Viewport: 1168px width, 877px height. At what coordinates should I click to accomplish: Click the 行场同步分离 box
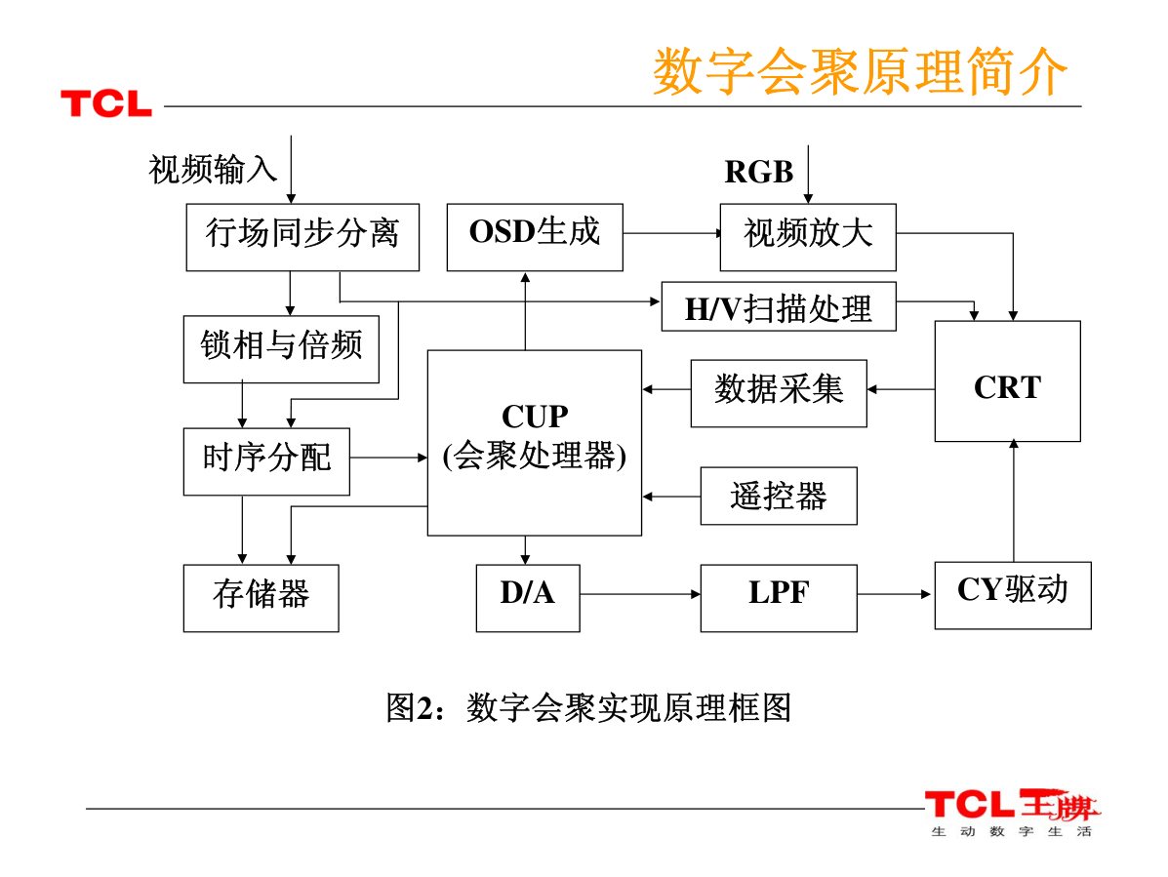[302, 237]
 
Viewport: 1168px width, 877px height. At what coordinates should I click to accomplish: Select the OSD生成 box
[535, 237]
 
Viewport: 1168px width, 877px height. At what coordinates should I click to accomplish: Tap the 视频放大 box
[808, 237]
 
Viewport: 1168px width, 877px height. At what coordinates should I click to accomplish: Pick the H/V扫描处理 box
[779, 306]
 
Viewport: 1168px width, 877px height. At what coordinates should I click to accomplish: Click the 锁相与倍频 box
[281, 348]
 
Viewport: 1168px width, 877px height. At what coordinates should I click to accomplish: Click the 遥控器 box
[779, 496]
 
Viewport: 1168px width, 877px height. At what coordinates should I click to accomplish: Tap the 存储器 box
[261, 598]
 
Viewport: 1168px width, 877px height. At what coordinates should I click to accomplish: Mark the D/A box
[527, 598]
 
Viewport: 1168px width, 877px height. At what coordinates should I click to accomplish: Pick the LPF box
[779, 598]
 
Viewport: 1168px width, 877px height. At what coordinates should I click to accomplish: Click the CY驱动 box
[1012, 595]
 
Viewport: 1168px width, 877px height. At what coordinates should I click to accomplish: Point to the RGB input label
[758, 172]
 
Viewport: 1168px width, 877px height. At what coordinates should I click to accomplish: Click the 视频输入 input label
[213, 170]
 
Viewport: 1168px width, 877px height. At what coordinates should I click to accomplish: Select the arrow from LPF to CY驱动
[895, 593]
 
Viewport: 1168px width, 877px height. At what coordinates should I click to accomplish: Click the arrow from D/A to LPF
[640, 593]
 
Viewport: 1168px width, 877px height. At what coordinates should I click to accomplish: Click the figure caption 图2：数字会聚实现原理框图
[587, 707]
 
